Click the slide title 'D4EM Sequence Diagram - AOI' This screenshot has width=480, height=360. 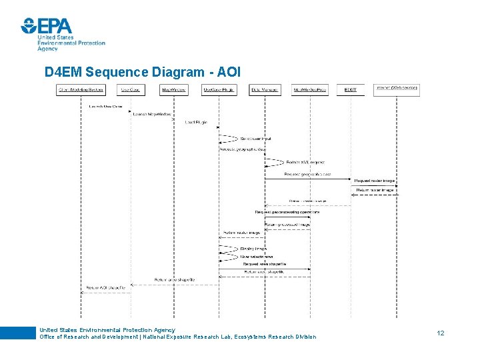click(142, 71)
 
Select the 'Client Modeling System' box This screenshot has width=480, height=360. click(81, 90)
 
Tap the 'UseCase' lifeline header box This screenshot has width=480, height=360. click(131, 90)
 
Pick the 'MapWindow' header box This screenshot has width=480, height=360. click(174, 90)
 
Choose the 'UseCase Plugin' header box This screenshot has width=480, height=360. click(219, 90)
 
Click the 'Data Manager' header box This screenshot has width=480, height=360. click(265, 90)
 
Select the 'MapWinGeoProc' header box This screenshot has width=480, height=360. click(309, 90)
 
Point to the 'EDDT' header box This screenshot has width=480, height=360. click(351, 90)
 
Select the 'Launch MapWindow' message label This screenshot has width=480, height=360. click(152, 115)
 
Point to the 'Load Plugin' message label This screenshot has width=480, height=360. click(196, 123)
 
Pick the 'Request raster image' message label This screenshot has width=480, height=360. click(374, 181)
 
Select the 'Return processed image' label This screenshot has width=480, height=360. click(287, 225)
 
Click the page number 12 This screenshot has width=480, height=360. click(441, 332)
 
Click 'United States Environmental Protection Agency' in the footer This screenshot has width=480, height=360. click(107, 329)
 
